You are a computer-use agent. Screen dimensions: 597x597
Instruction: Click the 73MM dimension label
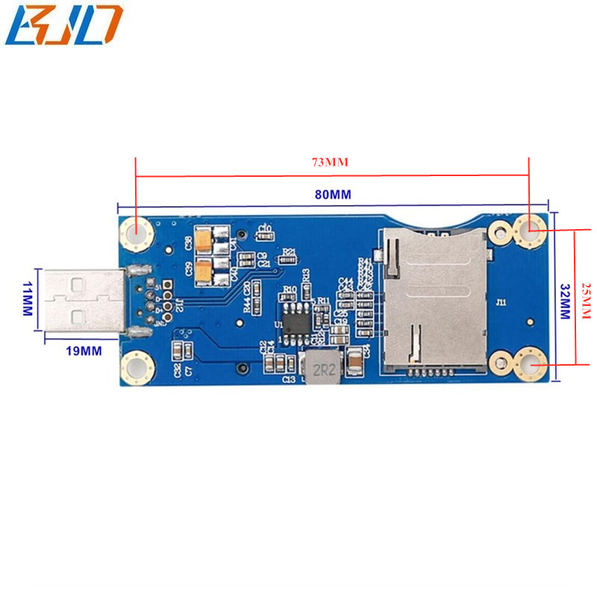pyautogui.click(x=331, y=161)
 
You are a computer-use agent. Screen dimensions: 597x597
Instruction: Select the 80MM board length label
pyautogui.click(x=332, y=196)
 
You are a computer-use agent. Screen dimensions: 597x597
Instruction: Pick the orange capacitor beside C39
pyautogui.click(x=202, y=275)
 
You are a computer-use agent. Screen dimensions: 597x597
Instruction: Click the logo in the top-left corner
pyautogui.click(x=63, y=24)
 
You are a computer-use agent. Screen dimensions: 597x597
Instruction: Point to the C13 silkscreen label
pyautogui.click(x=289, y=380)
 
